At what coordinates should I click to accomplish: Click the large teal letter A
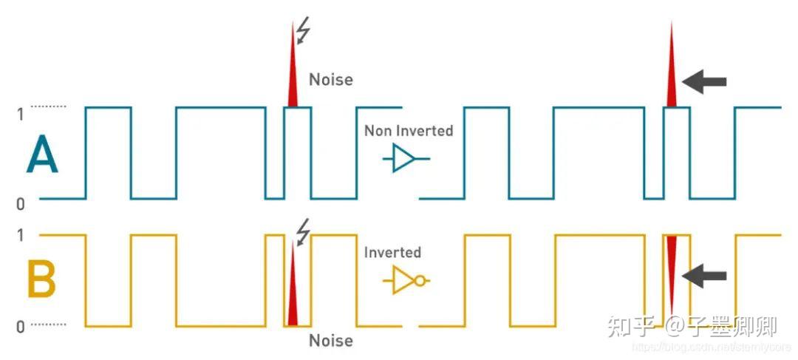pos(42,157)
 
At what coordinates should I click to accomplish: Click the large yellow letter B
pos(42,281)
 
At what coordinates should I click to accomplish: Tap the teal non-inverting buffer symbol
pos(403,158)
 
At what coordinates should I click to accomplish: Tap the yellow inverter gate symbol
pos(406,281)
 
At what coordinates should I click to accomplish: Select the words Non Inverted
pos(409,131)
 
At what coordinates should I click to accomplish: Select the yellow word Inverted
pos(392,252)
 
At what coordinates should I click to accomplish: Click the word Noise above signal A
pos(330,79)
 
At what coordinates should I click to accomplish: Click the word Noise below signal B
pos(330,340)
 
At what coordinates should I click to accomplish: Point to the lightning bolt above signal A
pos(303,31)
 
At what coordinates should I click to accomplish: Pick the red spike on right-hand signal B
pos(671,270)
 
